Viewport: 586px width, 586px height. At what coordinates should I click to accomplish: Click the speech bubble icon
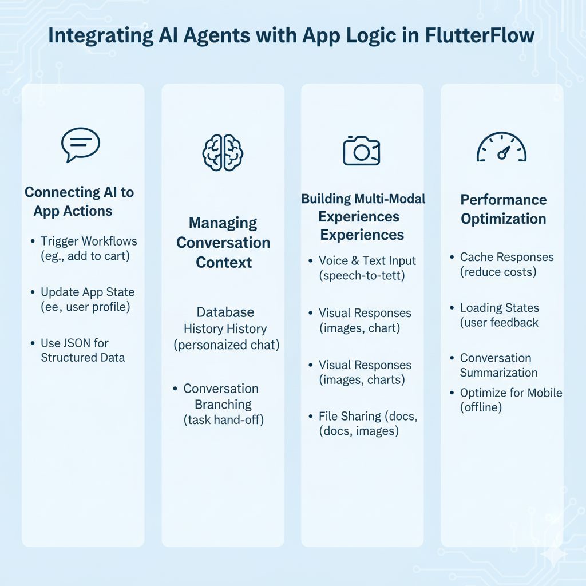[x=80, y=144]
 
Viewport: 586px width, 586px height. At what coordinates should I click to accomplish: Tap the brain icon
[x=223, y=151]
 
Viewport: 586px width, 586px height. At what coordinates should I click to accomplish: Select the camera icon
[x=362, y=151]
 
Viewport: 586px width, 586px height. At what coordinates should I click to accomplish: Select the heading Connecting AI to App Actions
[x=79, y=201]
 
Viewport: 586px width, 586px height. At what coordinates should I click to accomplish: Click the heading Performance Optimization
[x=503, y=209]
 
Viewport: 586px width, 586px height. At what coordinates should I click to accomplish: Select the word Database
[x=225, y=312]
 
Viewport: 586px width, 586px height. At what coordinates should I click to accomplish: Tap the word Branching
[x=223, y=405]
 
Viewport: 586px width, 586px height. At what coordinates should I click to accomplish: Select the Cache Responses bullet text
[x=506, y=258]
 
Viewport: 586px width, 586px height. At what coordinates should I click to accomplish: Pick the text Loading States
[x=500, y=308]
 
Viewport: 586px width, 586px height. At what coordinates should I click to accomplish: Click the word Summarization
[x=498, y=373]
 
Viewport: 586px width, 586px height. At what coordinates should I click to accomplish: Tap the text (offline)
[x=481, y=407]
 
